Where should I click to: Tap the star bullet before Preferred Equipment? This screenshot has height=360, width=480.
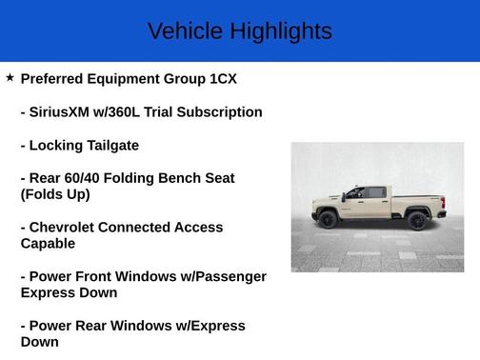pyautogui.click(x=10, y=78)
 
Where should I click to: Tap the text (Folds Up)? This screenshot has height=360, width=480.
pyautogui.click(x=55, y=194)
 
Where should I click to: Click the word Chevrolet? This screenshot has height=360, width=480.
pyautogui.click(x=67, y=228)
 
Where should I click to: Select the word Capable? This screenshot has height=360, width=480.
pyautogui.click(x=48, y=244)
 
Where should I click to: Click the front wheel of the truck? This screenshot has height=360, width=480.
pyautogui.click(x=328, y=219)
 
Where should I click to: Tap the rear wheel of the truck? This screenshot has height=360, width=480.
pyautogui.click(x=416, y=220)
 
